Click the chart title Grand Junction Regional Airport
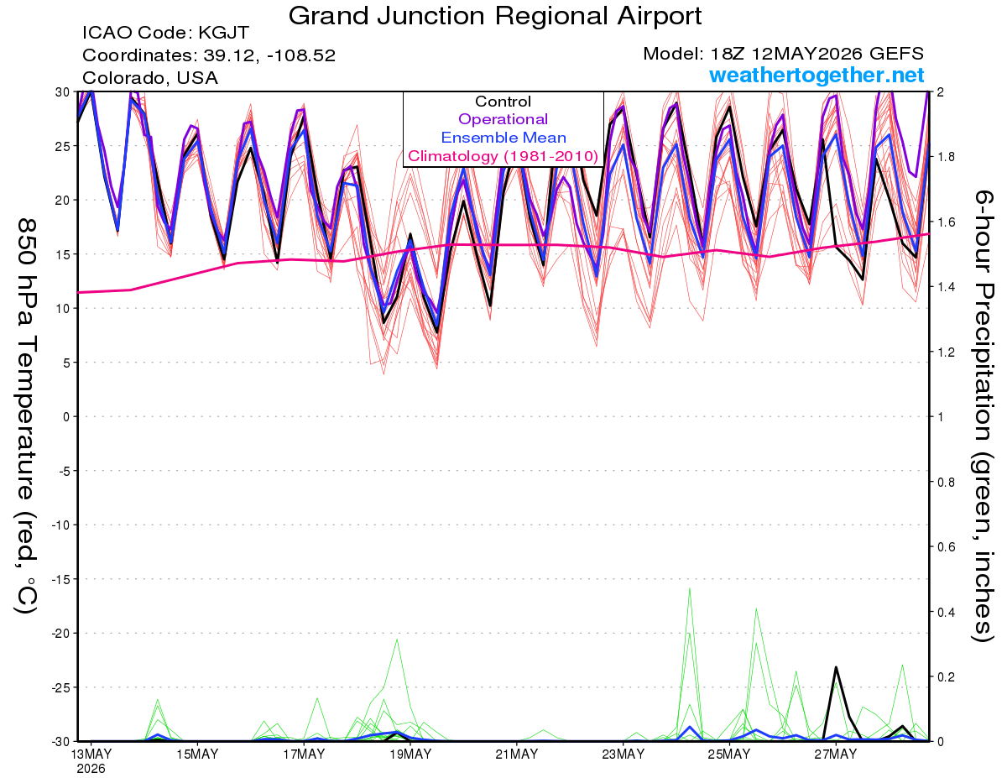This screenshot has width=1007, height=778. click(x=495, y=16)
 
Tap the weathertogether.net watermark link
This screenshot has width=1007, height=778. click(x=817, y=75)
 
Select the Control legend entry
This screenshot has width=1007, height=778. click(x=503, y=102)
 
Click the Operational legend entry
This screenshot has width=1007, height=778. click(x=503, y=119)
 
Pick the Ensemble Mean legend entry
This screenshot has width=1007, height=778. click(x=503, y=138)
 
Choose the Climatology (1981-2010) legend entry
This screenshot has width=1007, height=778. click(x=503, y=156)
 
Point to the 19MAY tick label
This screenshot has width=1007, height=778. click(x=410, y=755)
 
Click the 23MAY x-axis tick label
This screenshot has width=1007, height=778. click(x=623, y=755)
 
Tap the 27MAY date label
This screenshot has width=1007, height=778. click(x=836, y=755)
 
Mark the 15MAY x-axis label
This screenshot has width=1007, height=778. click(x=197, y=755)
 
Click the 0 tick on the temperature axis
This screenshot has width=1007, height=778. click(x=65, y=416)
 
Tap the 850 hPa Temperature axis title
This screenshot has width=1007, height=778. click(x=26, y=415)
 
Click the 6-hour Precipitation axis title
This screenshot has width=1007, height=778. click(x=983, y=415)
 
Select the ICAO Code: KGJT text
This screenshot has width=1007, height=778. click(x=165, y=33)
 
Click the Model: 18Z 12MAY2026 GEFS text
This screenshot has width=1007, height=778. click(x=783, y=54)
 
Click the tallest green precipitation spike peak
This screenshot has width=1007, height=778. click(x=690, y=588)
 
